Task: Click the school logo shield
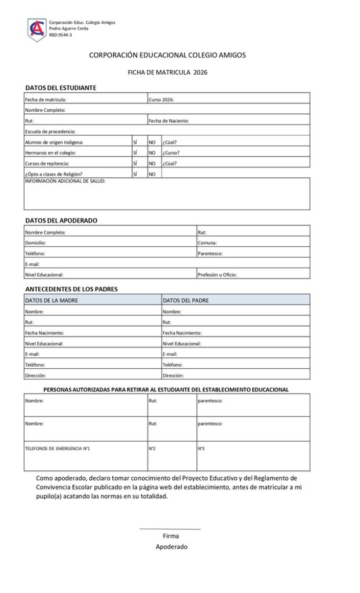click(36, 28)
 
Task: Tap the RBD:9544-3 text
click(60, 35)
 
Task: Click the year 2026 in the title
click(200, 72)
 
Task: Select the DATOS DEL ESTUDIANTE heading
click(61, 88)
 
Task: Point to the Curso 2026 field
click(161, 100)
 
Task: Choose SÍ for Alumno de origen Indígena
click(135, 142)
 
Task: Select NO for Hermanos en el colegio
click(152, 153)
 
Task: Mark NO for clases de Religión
click(152, 174)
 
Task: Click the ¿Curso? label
click(171, 153)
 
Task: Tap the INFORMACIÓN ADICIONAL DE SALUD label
click(65, 181)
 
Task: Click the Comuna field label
click(207, 243)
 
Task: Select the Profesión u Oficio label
click(217, 274)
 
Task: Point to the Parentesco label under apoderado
click(210, 254)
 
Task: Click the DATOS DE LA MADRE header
click(52, 301)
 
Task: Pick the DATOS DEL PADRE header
click(186, 301)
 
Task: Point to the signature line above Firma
click(170, 529)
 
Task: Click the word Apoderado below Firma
click(171, 547)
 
